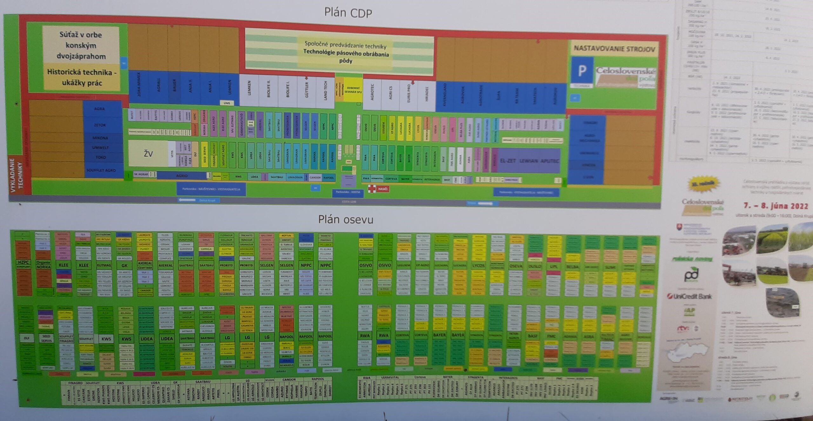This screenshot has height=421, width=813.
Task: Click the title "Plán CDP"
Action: coord(348,13)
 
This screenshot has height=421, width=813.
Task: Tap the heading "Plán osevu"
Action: coord(346,219)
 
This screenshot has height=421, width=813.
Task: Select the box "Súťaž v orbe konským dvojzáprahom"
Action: coord(81,45)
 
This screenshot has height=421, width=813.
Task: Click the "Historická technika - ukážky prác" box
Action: coord(82,77)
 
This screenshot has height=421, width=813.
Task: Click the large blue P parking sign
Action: coord(582,71)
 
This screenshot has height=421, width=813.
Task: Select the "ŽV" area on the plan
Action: coord(148,154)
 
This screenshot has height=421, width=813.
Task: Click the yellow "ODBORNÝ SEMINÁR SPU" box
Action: coord(353,90)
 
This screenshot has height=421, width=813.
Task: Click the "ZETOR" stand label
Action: coord(100,125)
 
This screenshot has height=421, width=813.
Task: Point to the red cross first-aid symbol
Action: coord(371,189)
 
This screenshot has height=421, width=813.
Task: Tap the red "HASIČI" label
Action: coord(383,189)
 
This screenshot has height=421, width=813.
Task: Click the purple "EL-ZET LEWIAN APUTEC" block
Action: coord(529,161)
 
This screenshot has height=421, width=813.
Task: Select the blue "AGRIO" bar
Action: coord(182,176)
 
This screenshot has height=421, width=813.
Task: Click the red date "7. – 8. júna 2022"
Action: coord(776,206)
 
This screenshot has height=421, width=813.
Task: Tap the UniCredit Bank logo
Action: coord(689,296)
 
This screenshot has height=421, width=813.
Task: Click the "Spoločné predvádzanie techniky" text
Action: coord(345,45)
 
